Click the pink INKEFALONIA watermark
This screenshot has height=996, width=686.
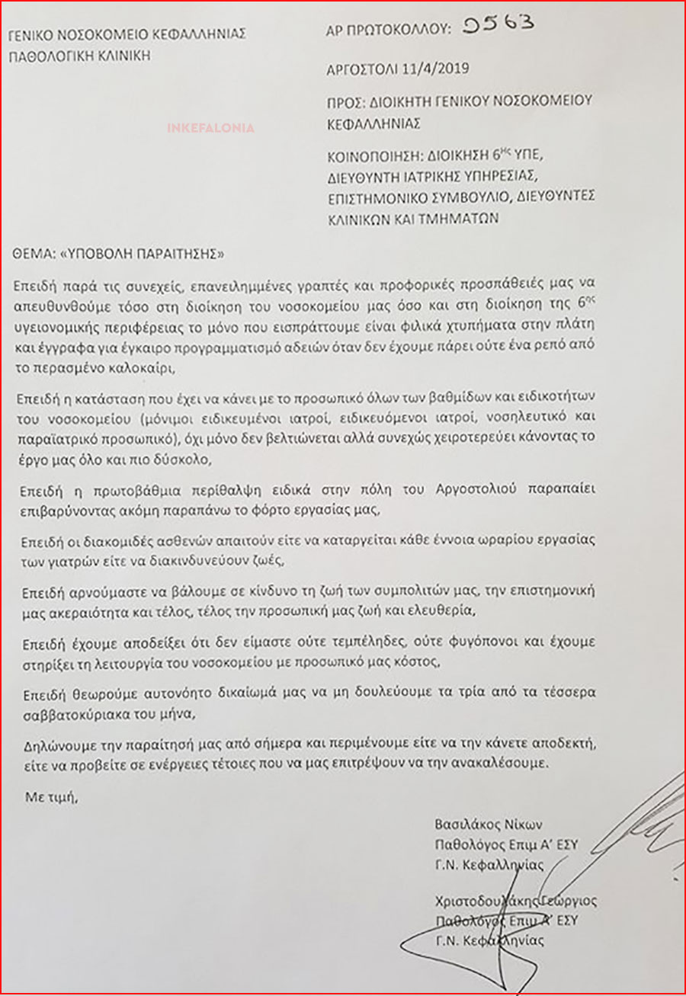coord(211,127)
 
